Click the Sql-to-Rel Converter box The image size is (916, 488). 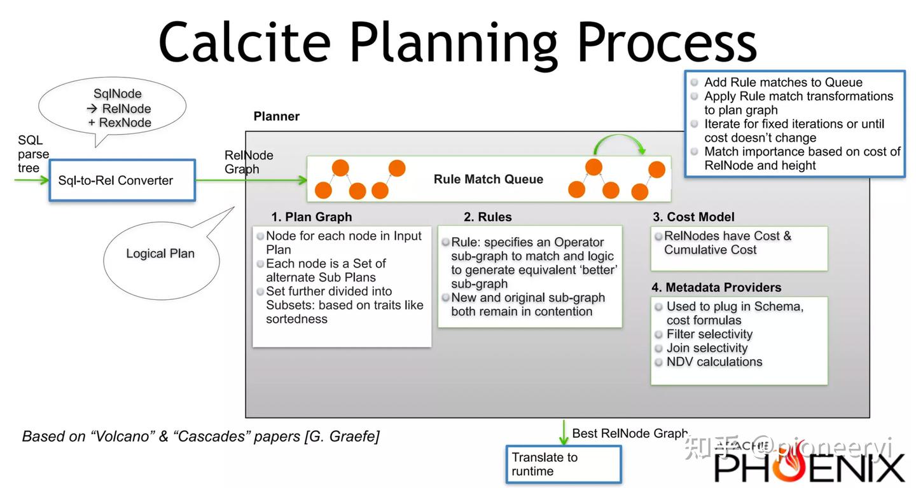coord(122,180)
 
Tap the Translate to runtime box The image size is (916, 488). coord(563,464)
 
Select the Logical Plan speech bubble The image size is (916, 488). coord(160,254)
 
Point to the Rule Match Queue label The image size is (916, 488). coord(488,179)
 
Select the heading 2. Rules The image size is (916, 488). coord(487,217)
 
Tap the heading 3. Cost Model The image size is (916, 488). coord(693,217)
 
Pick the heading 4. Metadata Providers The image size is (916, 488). coord(716,287)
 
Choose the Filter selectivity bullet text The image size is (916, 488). coord(709,334)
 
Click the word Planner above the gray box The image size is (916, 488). coord(276,116)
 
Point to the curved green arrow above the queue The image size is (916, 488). coord(620,142)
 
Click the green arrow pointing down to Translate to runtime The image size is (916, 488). coord(563,431)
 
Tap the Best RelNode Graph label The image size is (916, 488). coord(630,433)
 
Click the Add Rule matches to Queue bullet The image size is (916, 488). coord(782,83)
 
